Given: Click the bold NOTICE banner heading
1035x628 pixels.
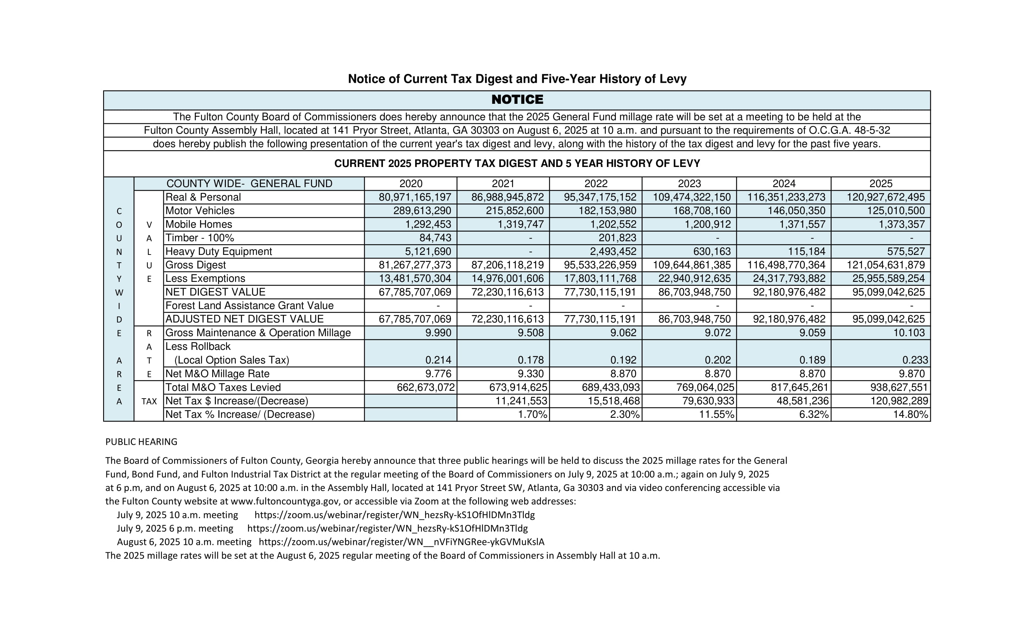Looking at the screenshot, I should coord(517,99).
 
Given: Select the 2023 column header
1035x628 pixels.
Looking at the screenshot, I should coord(689,184).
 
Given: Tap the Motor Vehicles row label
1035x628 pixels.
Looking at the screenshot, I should coord(200,211).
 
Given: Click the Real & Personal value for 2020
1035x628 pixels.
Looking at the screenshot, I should coord(415,197).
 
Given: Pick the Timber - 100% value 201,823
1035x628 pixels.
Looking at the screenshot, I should coord(617,238).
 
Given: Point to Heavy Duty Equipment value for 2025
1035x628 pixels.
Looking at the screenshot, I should coord(906,252).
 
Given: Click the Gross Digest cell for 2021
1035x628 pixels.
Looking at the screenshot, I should coord(507,265).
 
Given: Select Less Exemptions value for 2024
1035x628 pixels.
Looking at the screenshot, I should coord(789,278).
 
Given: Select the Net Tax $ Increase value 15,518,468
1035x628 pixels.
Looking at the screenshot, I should coord(613,401).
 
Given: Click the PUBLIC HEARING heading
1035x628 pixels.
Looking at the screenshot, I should coord(141,441).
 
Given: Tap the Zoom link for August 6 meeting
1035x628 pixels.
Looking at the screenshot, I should coord(401,542).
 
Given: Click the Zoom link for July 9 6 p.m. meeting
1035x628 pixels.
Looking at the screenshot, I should coord(387,529).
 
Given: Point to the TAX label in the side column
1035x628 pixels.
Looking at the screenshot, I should coord(149,401).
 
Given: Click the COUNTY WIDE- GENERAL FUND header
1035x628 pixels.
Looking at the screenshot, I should coord(249,184).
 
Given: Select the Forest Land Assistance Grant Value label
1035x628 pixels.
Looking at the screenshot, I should coord(249,306).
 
